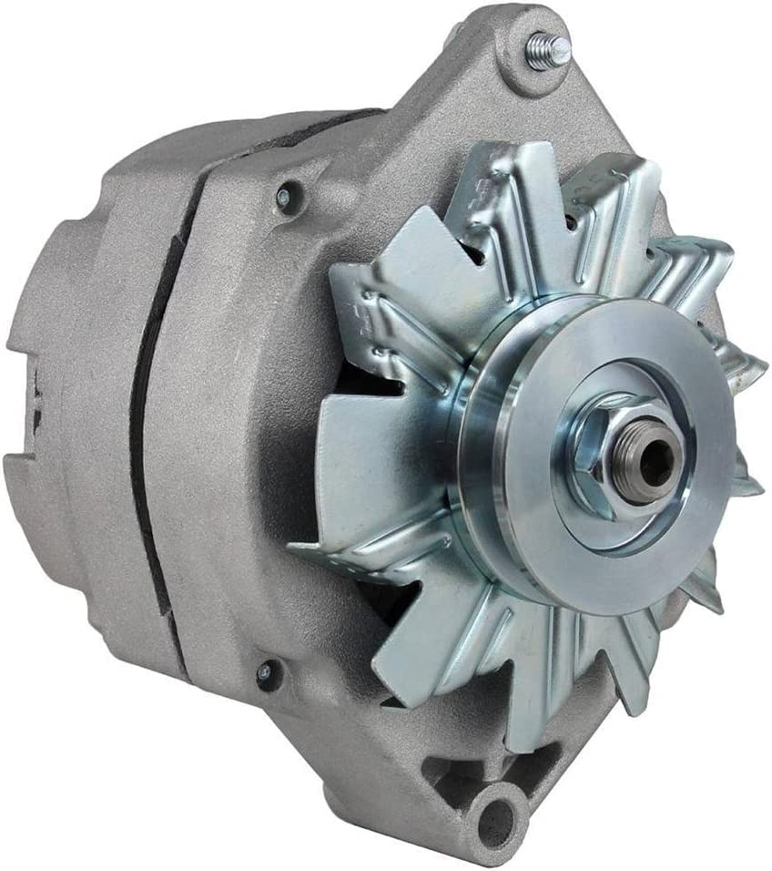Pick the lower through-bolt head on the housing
tap(264, 673)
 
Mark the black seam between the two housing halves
tap(141, 437)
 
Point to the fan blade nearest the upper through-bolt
tap(382, 301)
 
